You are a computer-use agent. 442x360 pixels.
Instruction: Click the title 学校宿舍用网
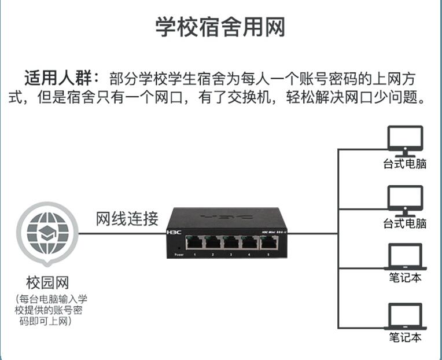[x=220, y=27]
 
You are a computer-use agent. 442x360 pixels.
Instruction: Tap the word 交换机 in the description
[x=251, y=97]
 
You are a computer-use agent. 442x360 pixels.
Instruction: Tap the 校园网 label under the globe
[x=47, y=283]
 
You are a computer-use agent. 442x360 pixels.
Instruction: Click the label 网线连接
[x=127, y=219]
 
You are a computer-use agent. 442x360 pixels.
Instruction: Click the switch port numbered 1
[x=195, y=243]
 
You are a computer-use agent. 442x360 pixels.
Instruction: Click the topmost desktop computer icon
[x=405, y=141]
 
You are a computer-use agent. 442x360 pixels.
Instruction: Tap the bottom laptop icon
[x=405, y=317]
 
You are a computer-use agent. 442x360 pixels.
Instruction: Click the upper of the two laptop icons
[x=405, y=258]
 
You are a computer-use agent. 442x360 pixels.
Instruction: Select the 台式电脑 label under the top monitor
[x=405, y=164]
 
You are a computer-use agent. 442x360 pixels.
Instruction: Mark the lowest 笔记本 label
[x=405, y=337]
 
